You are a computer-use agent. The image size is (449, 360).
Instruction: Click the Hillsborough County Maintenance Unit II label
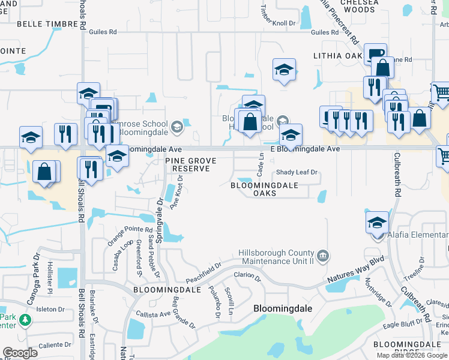[x=276, y=257]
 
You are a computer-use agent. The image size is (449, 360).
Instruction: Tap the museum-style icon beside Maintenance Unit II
[x=323, y=257]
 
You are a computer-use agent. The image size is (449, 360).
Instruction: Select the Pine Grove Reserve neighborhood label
[x=191, y=164]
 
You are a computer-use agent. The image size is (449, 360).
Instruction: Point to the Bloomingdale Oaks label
[x=265, y=190]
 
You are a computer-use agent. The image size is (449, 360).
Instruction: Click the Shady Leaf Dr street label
[x=296, y=173]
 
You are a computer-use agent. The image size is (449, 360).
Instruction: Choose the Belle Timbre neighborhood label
[x=47, y=23]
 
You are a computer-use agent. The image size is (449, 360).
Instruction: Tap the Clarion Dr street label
[x=247, y=276]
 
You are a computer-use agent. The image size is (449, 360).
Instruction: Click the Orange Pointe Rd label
[x=130, y=237]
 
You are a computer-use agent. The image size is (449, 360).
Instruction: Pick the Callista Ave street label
[x=153, y=314]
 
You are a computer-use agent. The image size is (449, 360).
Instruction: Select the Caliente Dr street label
[x=55, y=346]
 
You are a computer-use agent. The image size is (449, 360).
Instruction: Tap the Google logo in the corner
[x=20, y=353]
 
